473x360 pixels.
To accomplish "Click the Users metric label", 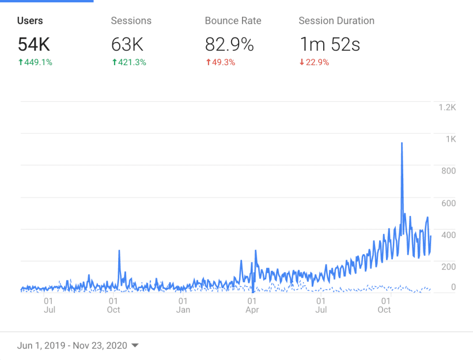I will coord(30,21).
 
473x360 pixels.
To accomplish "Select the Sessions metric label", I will coord(131,21).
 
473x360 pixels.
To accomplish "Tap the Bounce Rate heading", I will coord(233,21).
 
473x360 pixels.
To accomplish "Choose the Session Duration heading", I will coord(336,21).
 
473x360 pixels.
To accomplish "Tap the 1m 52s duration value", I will coord(329,44).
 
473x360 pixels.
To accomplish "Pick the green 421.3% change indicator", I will coord(128,62).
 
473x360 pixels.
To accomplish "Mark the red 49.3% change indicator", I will coord(220,62).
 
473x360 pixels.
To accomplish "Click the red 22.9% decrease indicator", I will coord(314,62).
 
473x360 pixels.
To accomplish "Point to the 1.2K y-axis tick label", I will coord(447,107).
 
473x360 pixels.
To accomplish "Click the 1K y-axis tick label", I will coord(451,139).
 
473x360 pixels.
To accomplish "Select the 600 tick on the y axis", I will coord(449,203).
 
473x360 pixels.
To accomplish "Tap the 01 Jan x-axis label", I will coord(183,305).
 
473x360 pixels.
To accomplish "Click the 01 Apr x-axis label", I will coord(252,305).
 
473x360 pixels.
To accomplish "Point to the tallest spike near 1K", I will coord(402,143).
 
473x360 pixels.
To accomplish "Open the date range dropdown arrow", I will coord(135,346).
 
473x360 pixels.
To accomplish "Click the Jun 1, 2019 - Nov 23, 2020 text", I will coord(71,346).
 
